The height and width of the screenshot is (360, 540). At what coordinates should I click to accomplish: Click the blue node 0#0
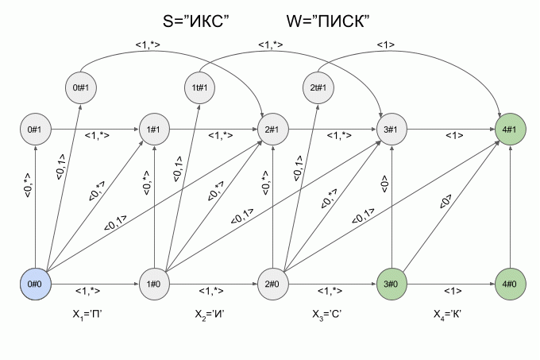pos(35,283)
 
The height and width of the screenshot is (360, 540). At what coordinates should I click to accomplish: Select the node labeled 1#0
pos(154,283)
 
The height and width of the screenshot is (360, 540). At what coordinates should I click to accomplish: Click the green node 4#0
pos(509,283)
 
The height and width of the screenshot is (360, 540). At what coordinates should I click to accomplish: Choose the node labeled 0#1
pos(35,128)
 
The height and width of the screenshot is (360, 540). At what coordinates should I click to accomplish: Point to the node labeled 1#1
pos(154,128)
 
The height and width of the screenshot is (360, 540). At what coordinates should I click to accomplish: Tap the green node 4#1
pos(509,128)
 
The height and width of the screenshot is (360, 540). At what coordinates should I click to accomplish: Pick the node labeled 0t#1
pos(79,87)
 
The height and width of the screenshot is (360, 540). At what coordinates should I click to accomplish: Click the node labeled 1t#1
pos(199,87)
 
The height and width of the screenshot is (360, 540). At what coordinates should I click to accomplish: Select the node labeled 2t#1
pos(318,87)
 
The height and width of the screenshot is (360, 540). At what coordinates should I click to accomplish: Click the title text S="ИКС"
pos(195,21)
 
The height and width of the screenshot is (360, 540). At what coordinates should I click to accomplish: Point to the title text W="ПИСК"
pos(329,21)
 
